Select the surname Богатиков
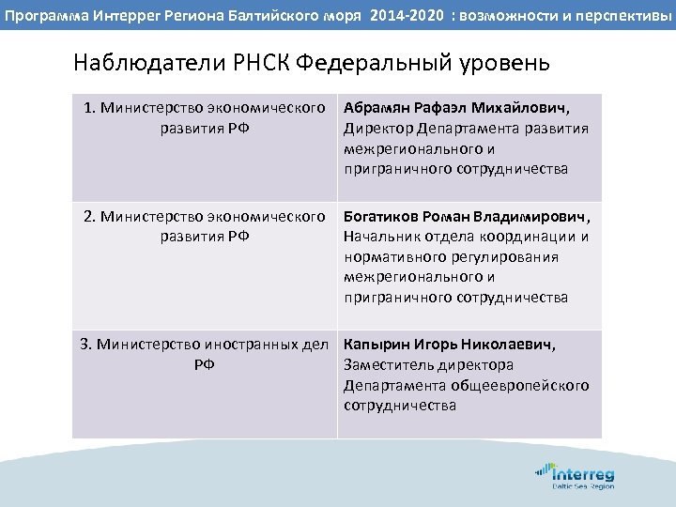coord(381,216)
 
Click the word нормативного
coord(392,257)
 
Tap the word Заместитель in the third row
coord(388,365)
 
